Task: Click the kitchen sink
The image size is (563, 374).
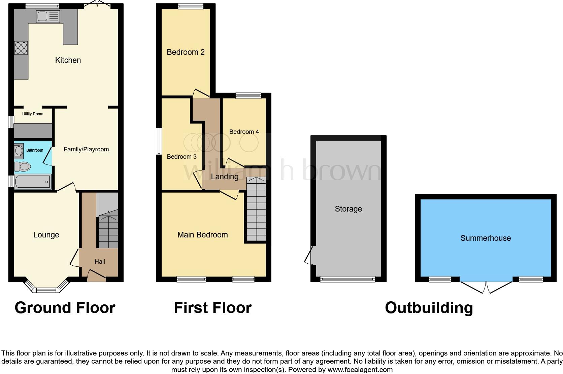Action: click(x=47, y=16)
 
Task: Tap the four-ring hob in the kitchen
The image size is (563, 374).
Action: click(x=21, y=48)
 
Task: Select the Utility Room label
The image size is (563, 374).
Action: click(x=33, y=114)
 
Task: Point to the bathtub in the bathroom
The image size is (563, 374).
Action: click(x=32, y=182)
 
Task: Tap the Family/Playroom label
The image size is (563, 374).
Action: click(x=86, y=149)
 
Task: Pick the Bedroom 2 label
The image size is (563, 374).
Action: click(x=186, y=52)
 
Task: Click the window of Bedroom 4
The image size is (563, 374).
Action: click(x=249, y=96)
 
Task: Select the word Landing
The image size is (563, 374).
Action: click(x=225, y=177)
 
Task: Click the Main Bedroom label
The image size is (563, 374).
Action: click(x=202, y=235)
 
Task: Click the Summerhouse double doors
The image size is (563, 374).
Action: click(x=486, y=286)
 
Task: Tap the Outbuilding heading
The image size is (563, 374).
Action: click(x=429, y=308)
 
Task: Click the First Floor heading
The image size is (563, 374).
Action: click(x=212, y=308)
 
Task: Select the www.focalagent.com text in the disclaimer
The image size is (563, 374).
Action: click(x=360, y=370)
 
